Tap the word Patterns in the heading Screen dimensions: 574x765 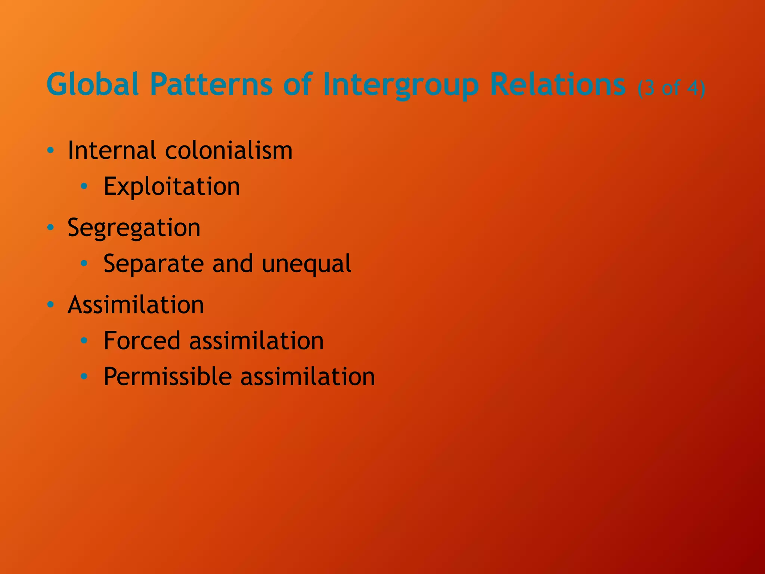(x=211, y=84)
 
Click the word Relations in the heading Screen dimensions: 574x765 (x=557, y=84)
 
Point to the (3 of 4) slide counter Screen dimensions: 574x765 (x=671, y=88)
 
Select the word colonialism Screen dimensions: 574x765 (x=229, y=151)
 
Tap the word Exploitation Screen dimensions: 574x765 (x=171, y=186)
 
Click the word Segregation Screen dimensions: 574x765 (x=134, y=228)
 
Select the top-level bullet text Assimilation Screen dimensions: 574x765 (x=136, y=305)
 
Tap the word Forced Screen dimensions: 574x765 (x=142, y=341)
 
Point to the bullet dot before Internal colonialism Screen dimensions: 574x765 (x=51, y=151)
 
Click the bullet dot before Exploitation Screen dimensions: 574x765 (x=84, y=186)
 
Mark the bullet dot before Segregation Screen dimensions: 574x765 (x=51, y=227)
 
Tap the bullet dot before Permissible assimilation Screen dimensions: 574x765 (x=84, y=376)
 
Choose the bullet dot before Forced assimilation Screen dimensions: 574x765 (x=84, y=340)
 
